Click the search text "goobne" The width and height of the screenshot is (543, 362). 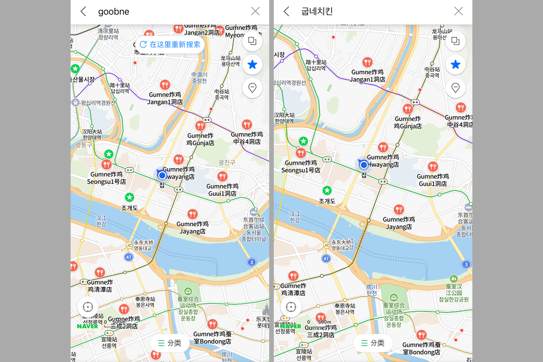click(x=114, y=12)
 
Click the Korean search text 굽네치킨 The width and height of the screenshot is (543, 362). click(x=317, y=12)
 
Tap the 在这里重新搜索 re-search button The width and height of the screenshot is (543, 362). click(x=170, y=44)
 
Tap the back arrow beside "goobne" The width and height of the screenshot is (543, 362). click(x=83, y=12)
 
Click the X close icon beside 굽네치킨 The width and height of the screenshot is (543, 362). click(x=458, y=12)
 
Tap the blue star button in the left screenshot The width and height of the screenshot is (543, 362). click(x=252, y=65)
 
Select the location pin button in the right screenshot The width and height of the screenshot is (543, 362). click(x=456, y=88)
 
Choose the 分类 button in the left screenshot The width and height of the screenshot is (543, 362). click(x=170, y=343)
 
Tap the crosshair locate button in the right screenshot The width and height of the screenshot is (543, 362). click(x=291, y=307)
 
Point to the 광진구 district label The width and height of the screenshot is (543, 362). click(x=227, y=162)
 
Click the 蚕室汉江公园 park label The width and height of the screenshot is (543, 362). click(x=453, y=293)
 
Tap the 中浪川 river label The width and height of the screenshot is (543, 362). click(x=199, y=78)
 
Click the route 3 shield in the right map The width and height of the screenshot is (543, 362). click(x=466, y=264)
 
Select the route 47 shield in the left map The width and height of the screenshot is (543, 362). click(x=129, y=257)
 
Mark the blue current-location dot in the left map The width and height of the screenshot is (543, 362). click(x=162, y=175)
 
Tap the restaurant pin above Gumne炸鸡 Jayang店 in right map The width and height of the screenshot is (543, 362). click(x=399, y=209)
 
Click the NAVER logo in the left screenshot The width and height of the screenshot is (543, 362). click(x=87, y=326)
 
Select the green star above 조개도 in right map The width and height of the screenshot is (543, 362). click(x=327, y=191)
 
